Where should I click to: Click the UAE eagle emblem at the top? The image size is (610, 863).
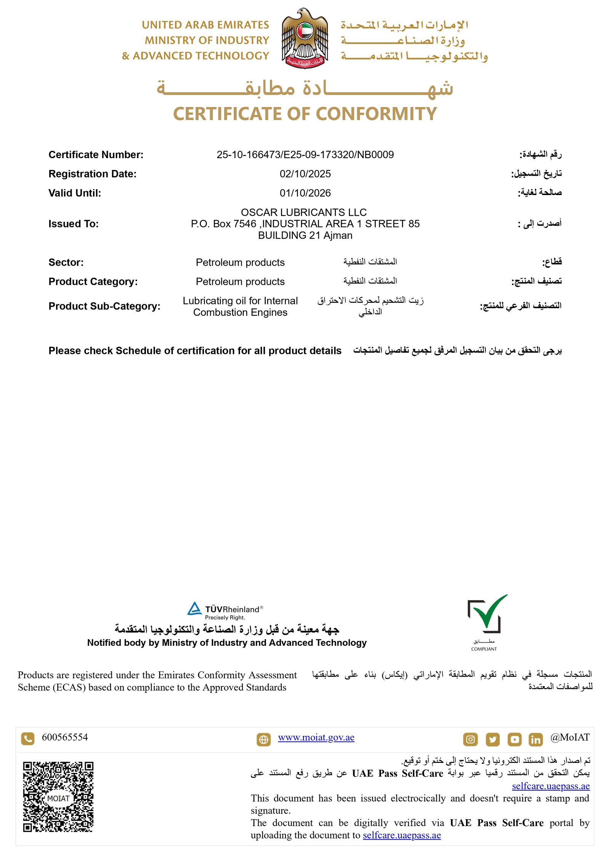coord(305,38)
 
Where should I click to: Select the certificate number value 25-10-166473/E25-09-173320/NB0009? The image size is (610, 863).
coord(305,155)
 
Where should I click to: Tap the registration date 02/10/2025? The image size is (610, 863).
coord(305,174)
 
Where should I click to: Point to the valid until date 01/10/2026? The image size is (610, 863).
coord(305,193)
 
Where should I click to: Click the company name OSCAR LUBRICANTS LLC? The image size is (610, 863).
coord(303,212)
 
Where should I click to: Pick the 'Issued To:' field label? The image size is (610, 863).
coord(73,224)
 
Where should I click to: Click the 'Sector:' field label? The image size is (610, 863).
coord(66,262)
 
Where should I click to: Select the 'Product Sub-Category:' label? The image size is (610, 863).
coord(104,306)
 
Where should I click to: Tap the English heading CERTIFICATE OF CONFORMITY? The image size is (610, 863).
coord(305,114)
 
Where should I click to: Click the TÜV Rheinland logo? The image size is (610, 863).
coord(225,610)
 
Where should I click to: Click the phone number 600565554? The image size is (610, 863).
coord(65,737)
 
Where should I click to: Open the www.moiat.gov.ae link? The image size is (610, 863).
coord(316,738)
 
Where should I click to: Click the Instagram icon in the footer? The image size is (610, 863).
coord(470,739)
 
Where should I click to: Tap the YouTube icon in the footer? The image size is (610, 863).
coord(514,739)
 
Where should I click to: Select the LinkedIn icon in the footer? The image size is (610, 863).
coord(535,739)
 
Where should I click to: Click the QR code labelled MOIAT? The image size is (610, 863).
coord(58,796)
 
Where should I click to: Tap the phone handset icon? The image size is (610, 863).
coord(27,738)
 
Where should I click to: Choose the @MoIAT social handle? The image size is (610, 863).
coord(570,738)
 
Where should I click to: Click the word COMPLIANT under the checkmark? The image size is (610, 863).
coord(484,649)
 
